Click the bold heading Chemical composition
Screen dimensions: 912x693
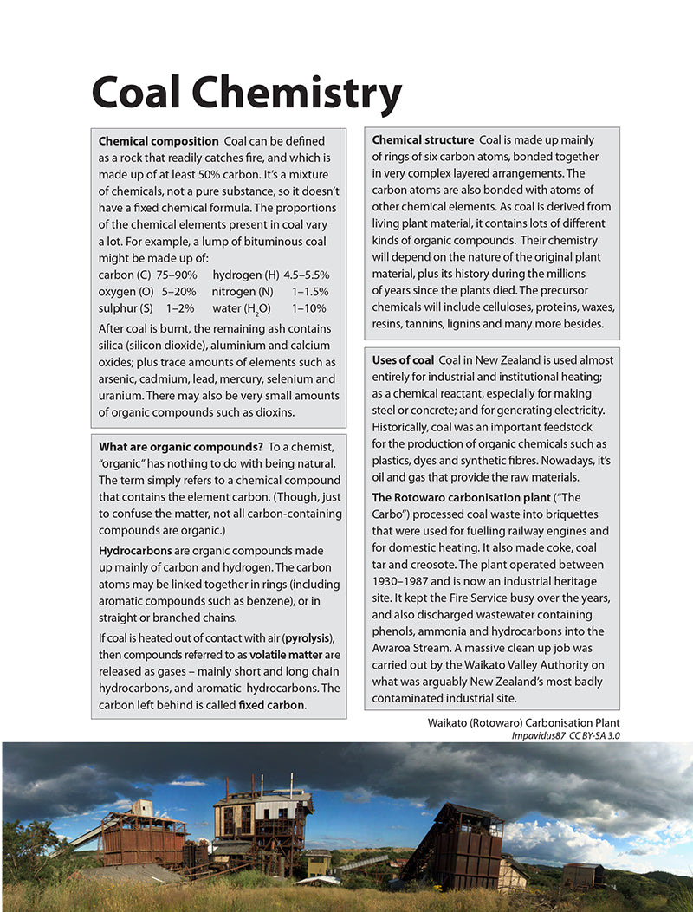point(159,140)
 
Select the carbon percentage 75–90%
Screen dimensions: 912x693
point(177,275)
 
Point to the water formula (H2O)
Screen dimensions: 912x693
point(255,308)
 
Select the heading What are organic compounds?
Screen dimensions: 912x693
point(180,447)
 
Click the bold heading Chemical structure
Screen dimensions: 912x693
point(423,140)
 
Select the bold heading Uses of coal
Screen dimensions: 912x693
point(403,359)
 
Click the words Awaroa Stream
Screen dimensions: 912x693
point(411,647)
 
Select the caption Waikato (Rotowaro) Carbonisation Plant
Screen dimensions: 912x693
point(524,721)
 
